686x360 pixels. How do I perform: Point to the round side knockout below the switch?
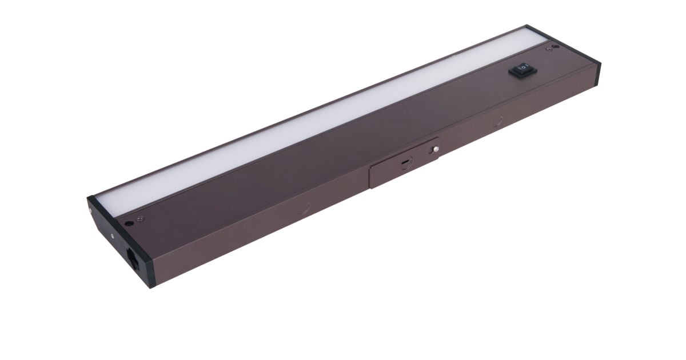[x=498, y=121]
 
